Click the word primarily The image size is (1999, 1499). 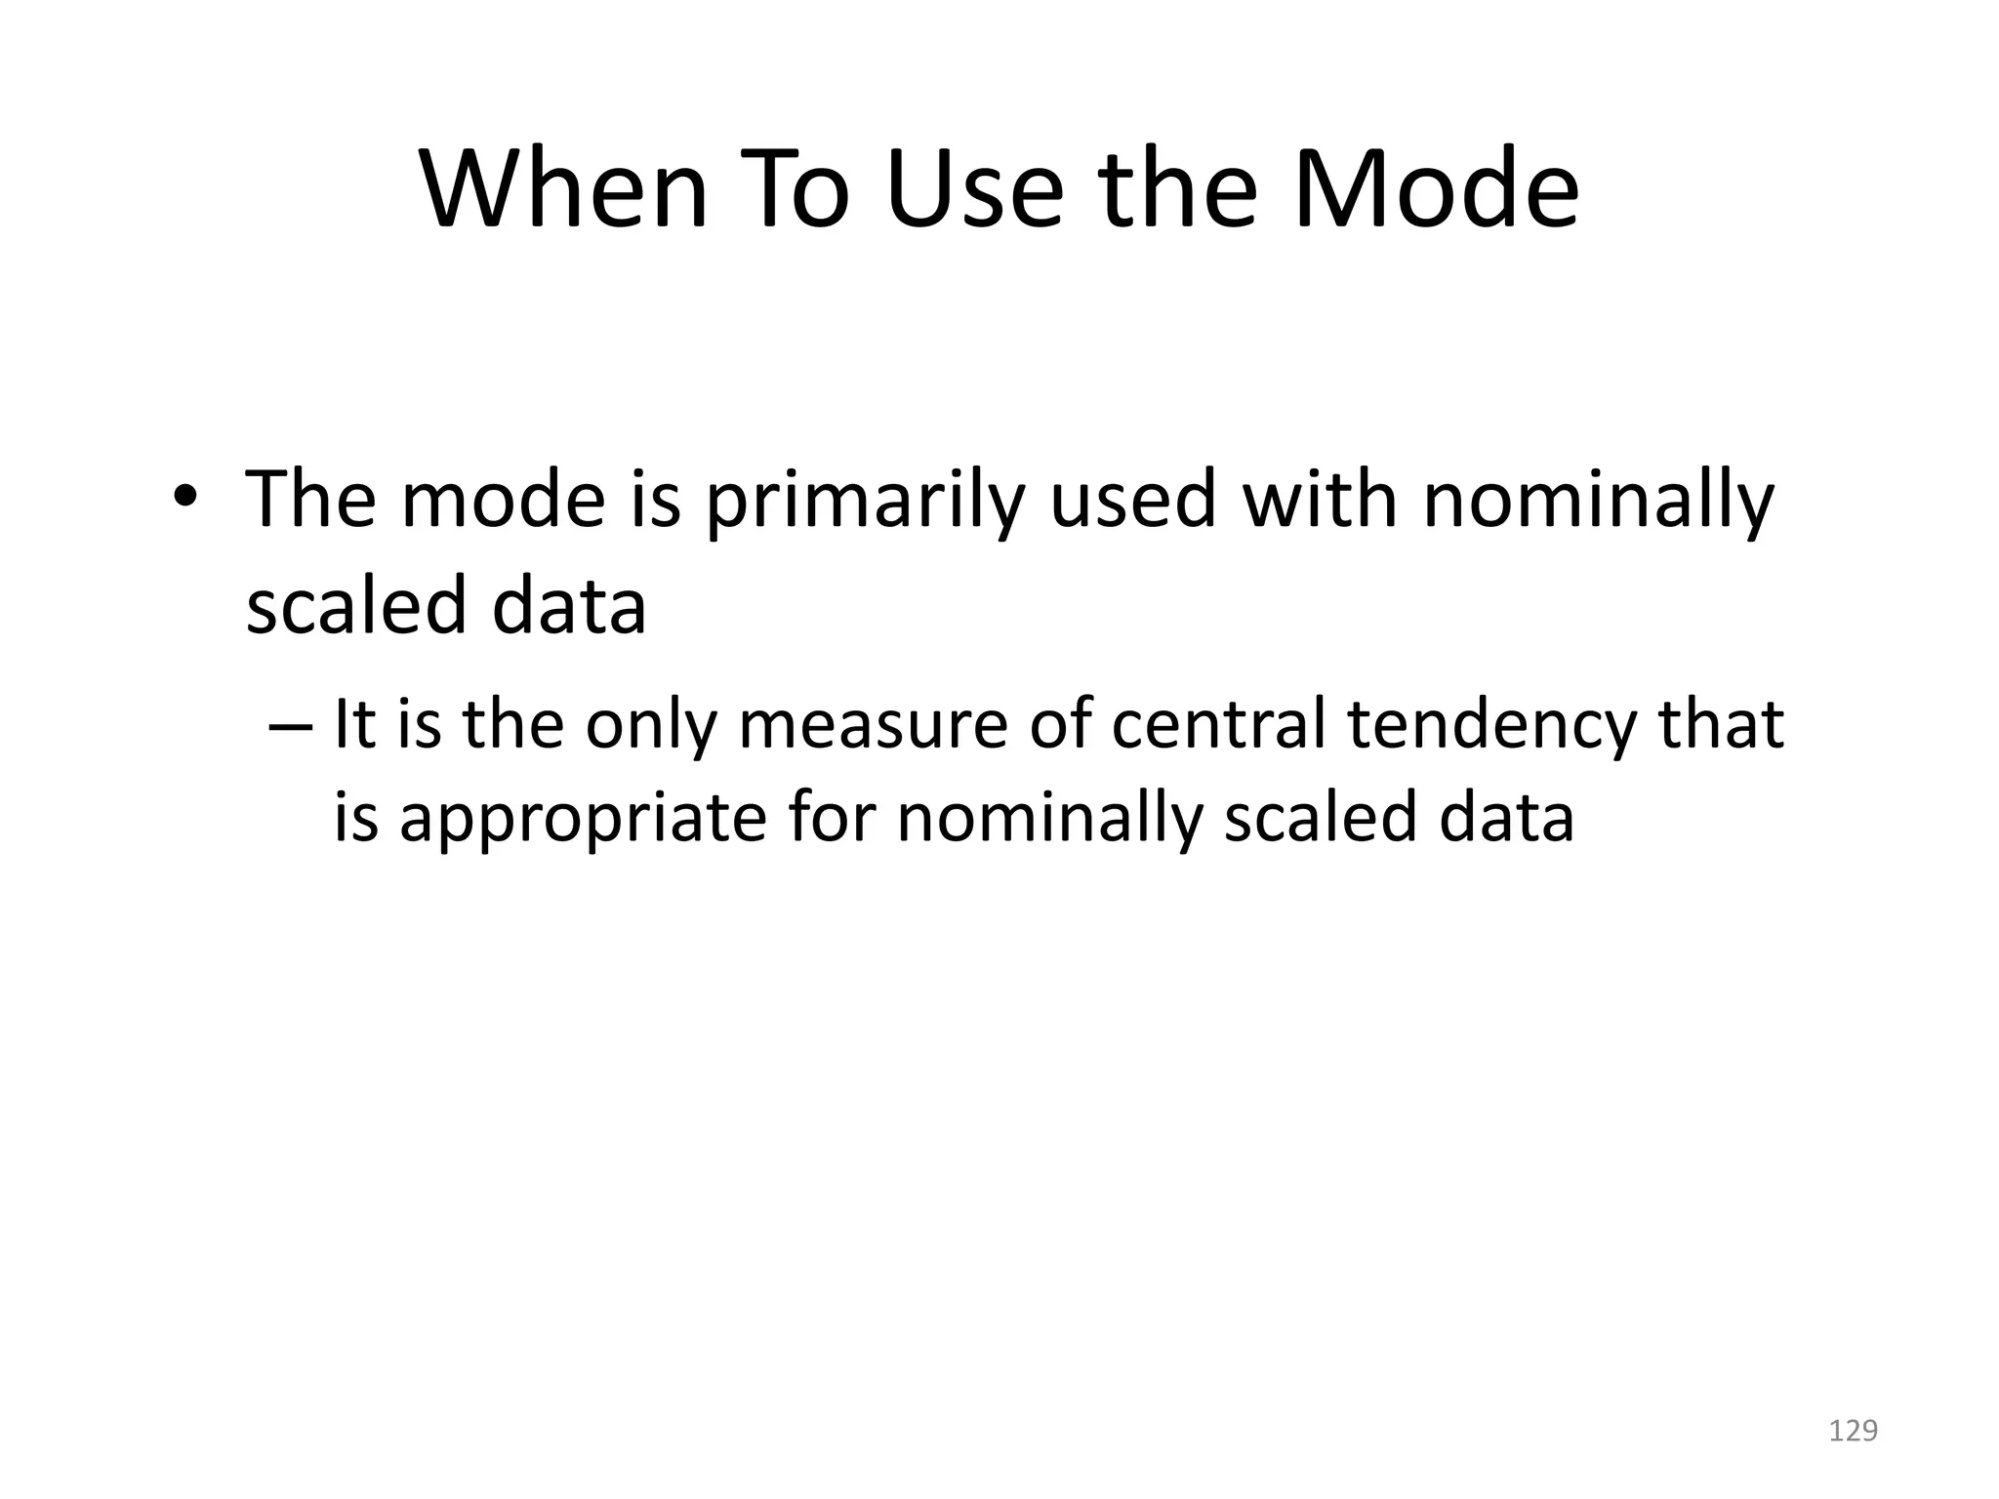864,501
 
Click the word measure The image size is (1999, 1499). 873,724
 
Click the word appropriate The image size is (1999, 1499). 584,818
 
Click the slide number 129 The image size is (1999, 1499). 1853,1431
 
